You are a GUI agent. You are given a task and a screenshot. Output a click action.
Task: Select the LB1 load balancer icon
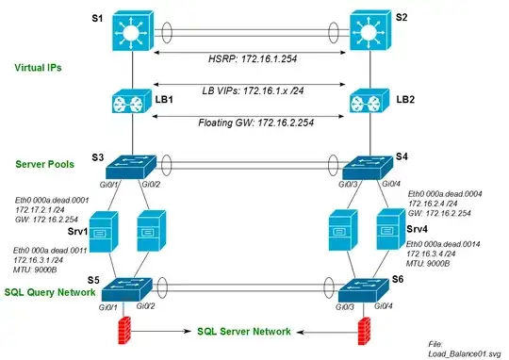(131, 103)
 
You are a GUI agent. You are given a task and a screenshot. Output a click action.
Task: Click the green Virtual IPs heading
(41, 68)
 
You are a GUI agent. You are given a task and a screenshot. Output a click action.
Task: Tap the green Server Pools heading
(47, 166)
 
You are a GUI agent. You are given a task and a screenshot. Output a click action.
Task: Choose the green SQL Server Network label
(243, 332)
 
